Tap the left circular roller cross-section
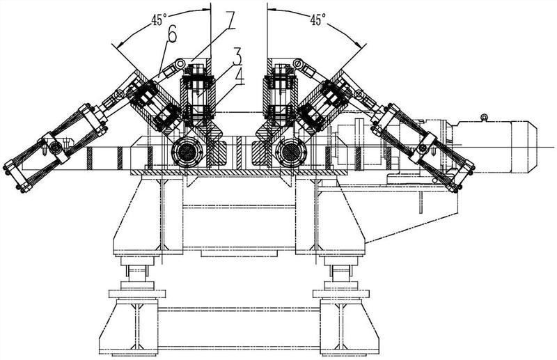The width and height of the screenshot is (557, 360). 188,149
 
